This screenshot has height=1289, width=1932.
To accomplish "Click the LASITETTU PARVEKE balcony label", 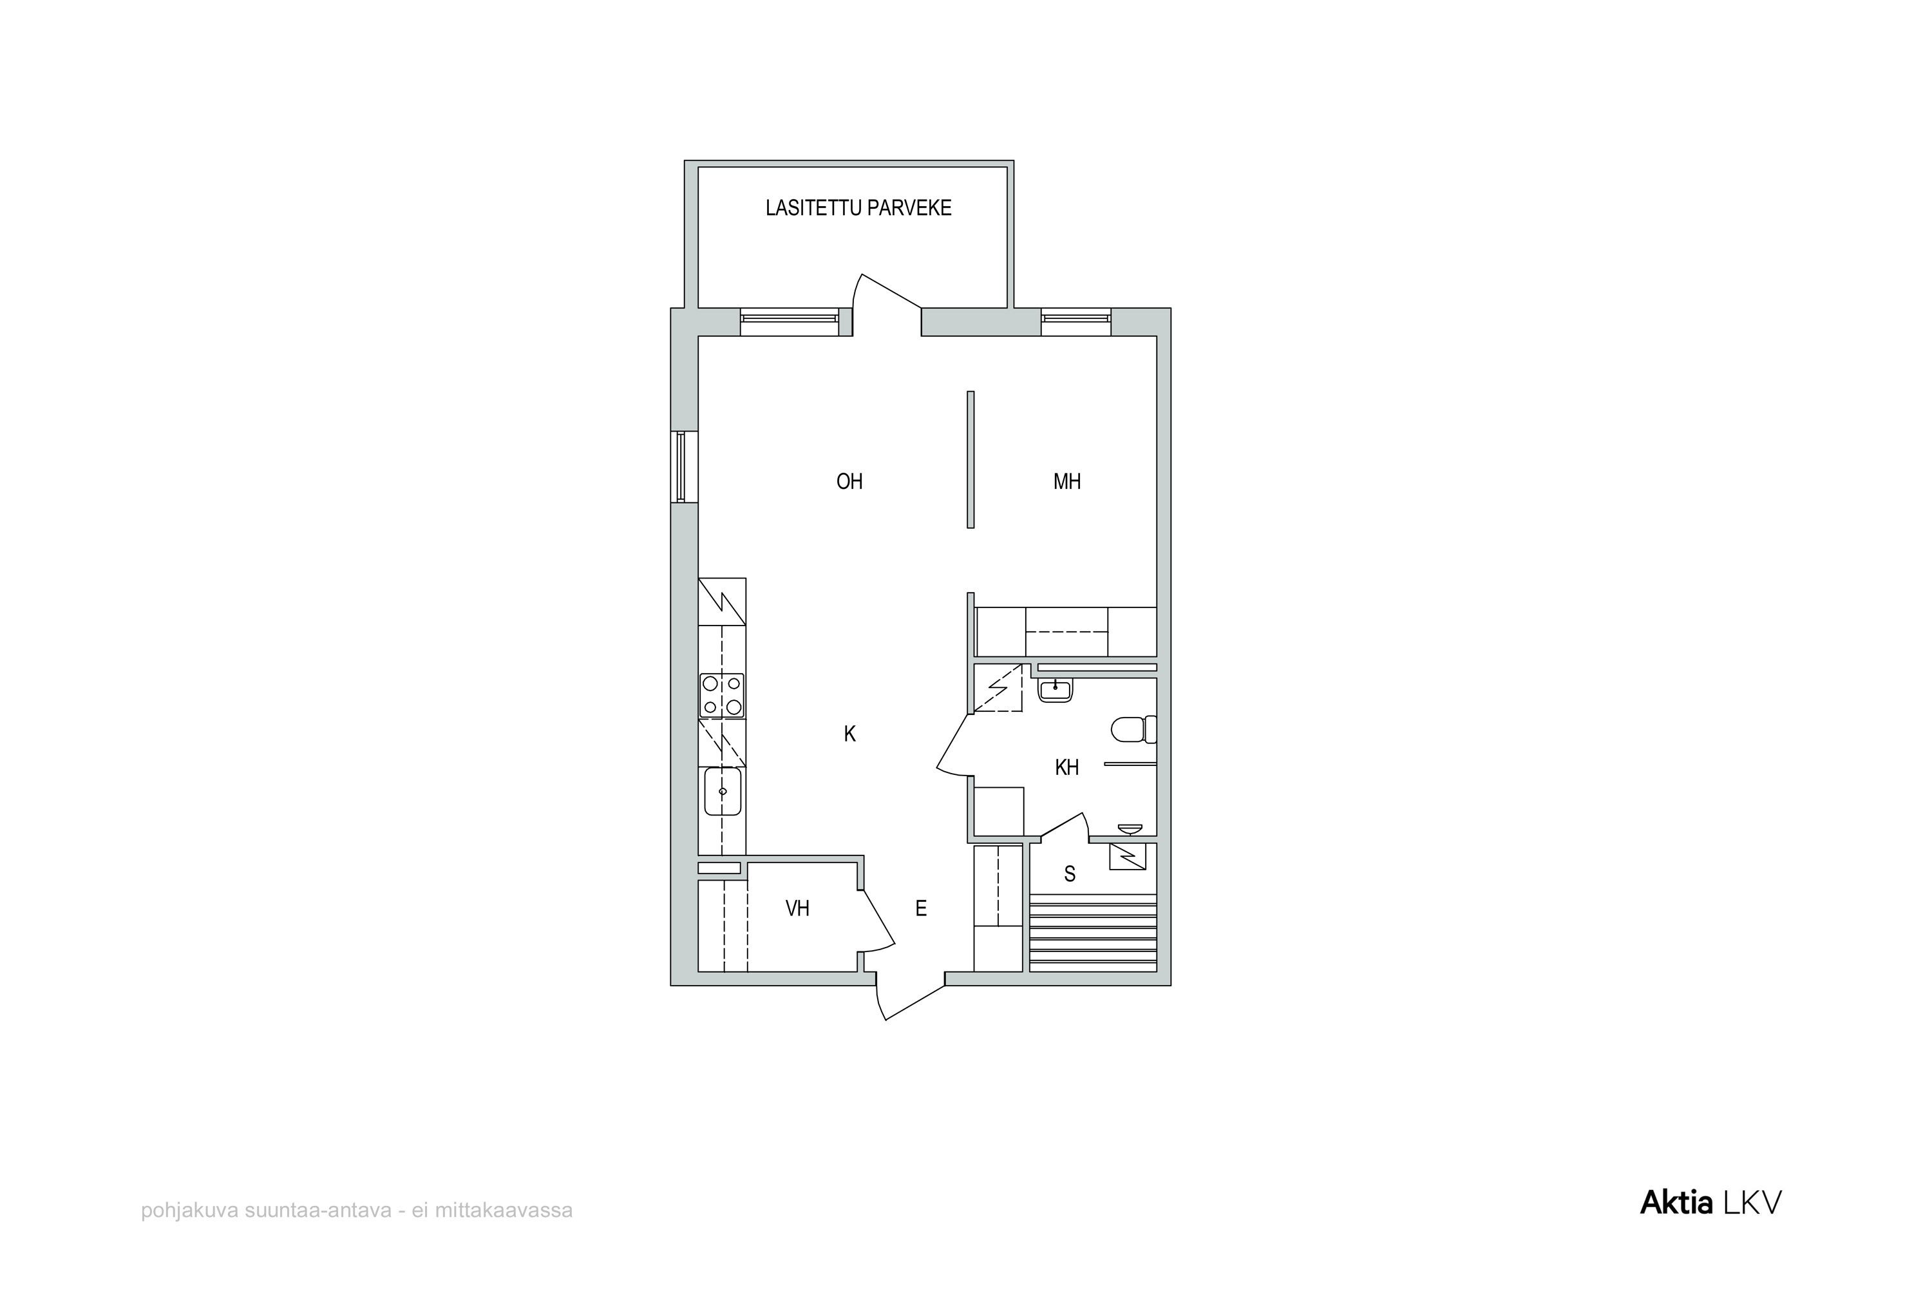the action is tap(858, 208).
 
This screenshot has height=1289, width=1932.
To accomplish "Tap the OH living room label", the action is tap(849, 482).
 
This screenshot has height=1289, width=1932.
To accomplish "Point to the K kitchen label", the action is tap(849, 734).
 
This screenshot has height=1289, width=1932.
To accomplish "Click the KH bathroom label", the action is tap(1066, 768).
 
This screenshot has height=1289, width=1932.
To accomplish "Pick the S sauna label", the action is tap(1069, 874).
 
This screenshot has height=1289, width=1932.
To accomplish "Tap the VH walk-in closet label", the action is tap(797, 908).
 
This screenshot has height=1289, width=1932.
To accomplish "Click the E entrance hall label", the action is tap(920, 908).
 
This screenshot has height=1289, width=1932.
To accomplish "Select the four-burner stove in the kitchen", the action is tap(721, 696).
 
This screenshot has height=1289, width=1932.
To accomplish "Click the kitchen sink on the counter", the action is tap(723, 792).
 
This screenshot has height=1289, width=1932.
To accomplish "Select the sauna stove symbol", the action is tap(1128, 857).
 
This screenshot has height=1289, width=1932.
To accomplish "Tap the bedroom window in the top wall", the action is tap(1075, 321).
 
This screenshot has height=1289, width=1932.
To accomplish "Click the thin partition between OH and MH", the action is tap(971, 459).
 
